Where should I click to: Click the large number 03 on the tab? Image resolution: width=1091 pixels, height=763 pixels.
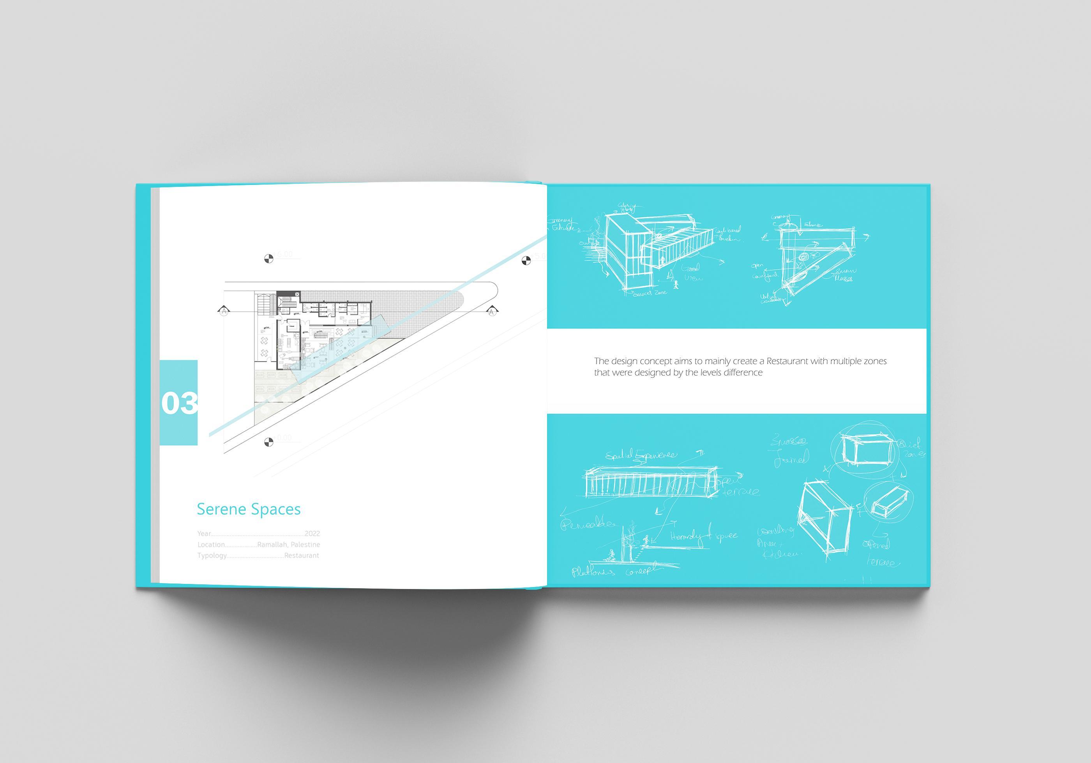coord(179,403)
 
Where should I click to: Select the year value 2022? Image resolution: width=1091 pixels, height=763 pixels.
coord(312,534)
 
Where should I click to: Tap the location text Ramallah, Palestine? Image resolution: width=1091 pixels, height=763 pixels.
coord(288,545)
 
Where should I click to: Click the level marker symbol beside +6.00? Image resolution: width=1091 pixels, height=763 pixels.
coord(268,259)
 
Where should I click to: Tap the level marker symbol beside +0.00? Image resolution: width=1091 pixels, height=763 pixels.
coord(268,443)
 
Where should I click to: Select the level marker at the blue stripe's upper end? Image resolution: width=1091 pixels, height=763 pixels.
coord(526,260)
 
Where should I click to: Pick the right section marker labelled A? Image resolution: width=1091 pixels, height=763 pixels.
coord(492,311)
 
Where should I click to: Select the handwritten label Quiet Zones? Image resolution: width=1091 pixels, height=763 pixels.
coord(911,448)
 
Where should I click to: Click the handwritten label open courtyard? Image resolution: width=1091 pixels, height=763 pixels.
coord(764,271)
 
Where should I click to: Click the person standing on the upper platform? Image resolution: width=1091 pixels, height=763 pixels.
coord(646,540)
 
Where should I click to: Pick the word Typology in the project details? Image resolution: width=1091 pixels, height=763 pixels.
coord(212,556)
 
